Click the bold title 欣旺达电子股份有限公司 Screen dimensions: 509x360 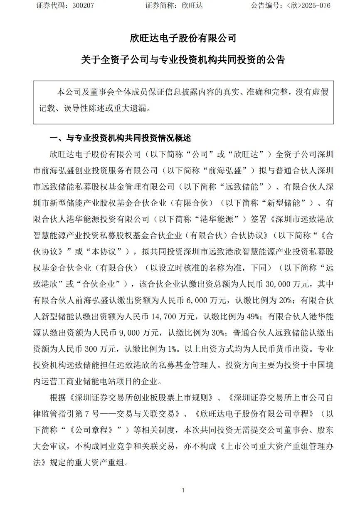(x=183, y=38)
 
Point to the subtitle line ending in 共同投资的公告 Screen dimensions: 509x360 (x=183, y=60)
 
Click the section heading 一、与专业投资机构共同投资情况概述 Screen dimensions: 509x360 (x=121, y=138)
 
